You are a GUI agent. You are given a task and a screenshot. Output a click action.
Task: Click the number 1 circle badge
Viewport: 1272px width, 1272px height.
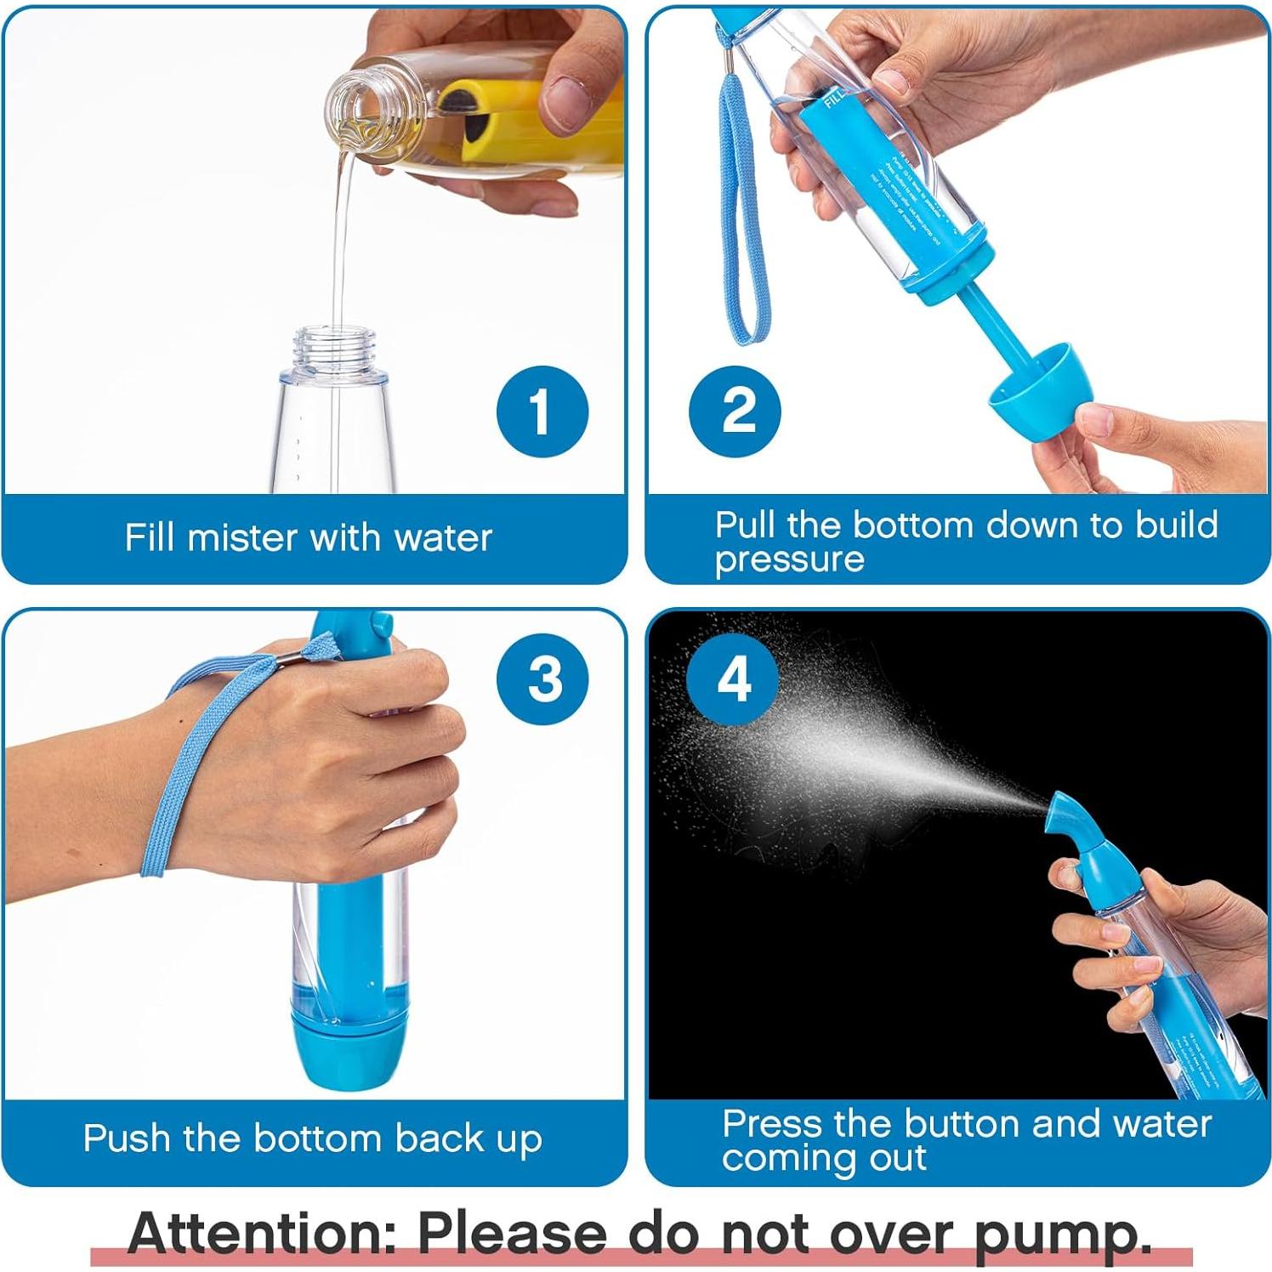click(542, 412)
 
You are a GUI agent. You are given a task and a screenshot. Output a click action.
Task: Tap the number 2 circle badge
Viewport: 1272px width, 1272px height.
click(735, 412)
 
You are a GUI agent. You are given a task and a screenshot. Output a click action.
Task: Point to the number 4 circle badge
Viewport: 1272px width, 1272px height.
click(734, 679)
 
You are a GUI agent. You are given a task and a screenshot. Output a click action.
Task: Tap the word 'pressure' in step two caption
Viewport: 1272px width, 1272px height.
click(789, 560)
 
